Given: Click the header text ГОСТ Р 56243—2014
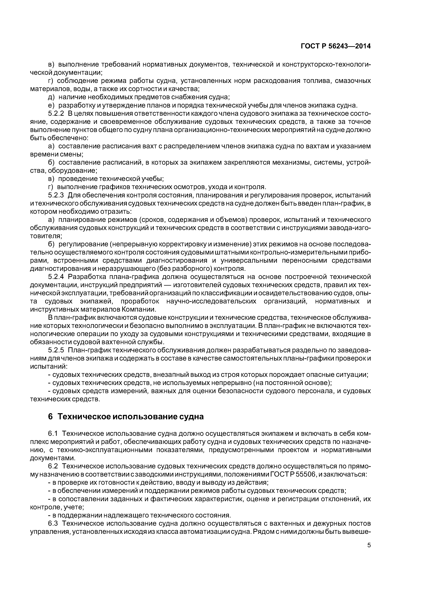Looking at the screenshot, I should pos(335,46).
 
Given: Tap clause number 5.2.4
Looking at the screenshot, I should pos(56,277).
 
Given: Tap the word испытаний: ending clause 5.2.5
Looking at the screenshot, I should pos(49,366).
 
